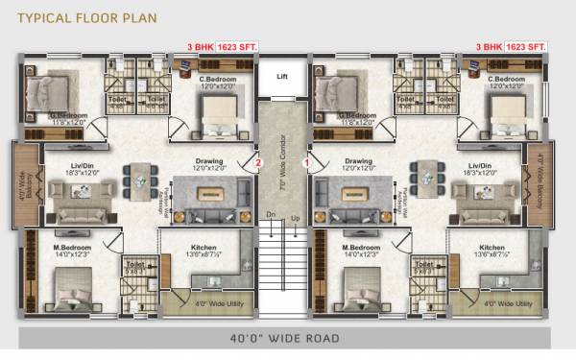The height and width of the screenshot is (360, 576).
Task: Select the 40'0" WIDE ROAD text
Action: [x=284, y=337]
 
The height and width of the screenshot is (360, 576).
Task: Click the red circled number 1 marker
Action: [x=307, y=163]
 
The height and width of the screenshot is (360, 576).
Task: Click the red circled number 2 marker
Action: [x=257, y=163]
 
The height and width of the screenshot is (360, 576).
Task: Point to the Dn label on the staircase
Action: [x=270, y=214]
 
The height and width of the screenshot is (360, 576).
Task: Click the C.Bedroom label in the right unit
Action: [x=506, y=79]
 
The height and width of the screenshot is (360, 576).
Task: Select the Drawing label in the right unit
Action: [x=358, y=161]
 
